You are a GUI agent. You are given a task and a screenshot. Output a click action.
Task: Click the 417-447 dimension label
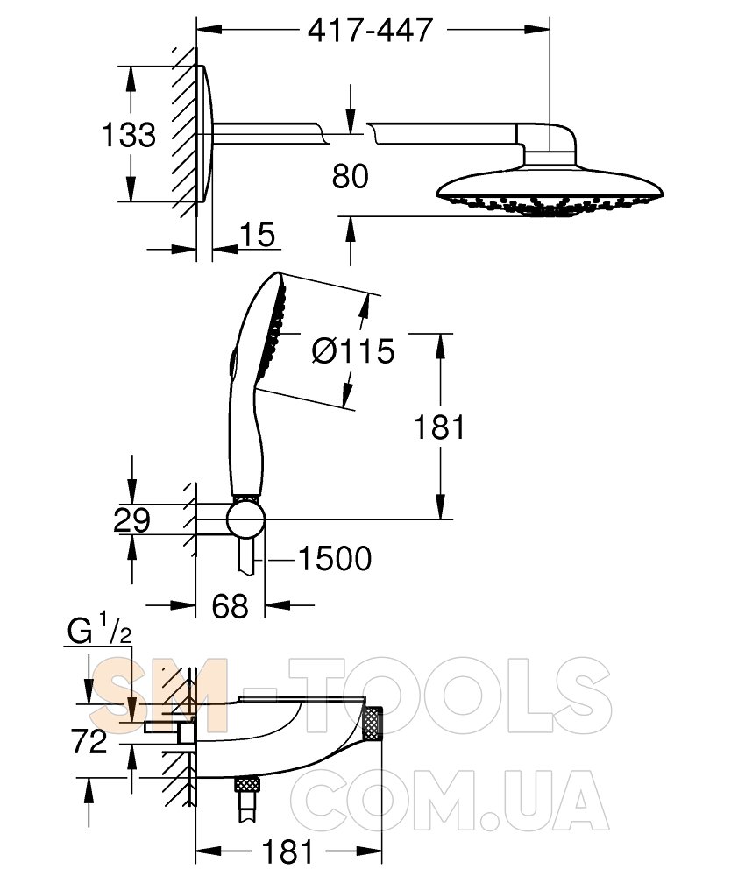click(x=371, y=30)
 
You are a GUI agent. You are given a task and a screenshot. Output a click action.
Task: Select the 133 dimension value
click(x=129, y=135)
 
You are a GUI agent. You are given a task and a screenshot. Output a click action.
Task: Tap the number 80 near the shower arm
click(x=351, y=176)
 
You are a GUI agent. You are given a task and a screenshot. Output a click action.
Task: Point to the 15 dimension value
click(x=259, y=234)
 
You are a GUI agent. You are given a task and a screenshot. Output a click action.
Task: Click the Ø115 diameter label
click(x=352, y=351)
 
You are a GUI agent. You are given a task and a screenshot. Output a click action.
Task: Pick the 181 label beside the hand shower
click(x=439, y=427)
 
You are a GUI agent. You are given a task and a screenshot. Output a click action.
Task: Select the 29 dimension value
click(x=131, y=520)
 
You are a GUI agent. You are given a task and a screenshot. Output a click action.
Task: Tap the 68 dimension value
click(x=231, y=605)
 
